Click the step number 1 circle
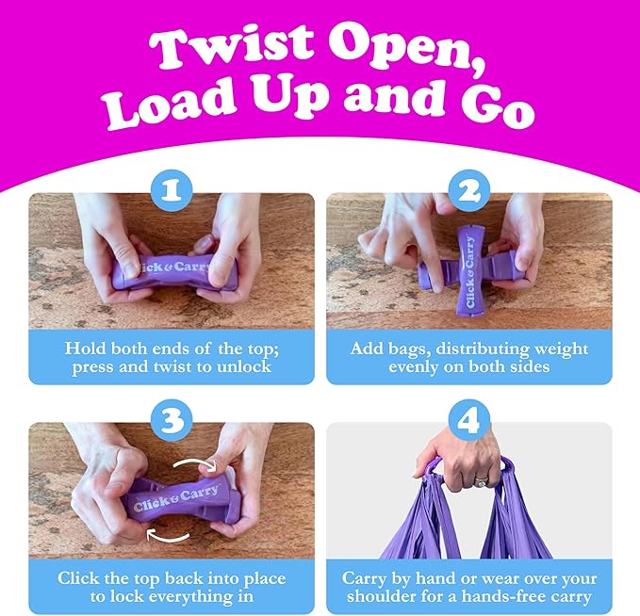coord(172,190)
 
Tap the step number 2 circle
coord(469,190)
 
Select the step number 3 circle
coord(172,420)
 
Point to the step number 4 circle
coord(469,420)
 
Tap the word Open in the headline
coord(407,48)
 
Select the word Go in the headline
coord(498,106)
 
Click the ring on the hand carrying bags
coord(481,481)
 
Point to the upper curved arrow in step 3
coord(196,462)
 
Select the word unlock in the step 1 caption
coord(244,366)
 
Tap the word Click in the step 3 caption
coord(78,578)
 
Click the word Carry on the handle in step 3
coord(199,494)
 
